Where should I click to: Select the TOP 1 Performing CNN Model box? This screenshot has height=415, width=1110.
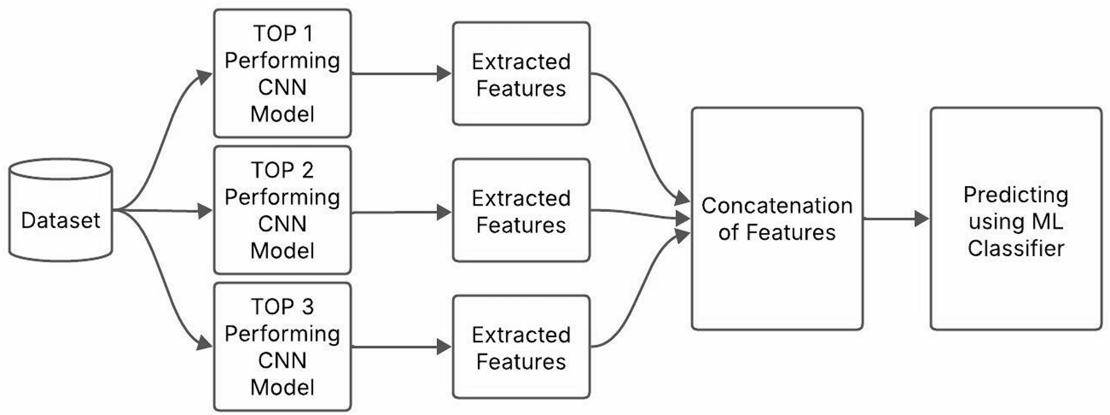[282, 73]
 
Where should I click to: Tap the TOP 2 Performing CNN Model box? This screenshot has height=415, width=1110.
[282, 210]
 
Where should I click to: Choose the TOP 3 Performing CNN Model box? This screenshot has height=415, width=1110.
[282, 346]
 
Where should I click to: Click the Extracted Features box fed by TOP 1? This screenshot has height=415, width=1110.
[521, 73]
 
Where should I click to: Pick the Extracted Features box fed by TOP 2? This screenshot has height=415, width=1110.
[521, 211]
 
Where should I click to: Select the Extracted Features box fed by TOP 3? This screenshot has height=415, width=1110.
[521, 347]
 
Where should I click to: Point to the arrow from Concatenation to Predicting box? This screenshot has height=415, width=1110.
[896, 219]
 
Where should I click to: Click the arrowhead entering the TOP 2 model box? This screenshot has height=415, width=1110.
[205, 211]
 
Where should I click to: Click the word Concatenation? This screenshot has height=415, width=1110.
[777, 206]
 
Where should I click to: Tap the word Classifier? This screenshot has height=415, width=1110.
[1015, 248]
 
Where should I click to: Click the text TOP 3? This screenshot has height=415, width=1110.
[282, 307]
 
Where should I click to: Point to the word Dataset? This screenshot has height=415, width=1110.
[61, 220]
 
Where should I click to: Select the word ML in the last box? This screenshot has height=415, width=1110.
[1049, 222]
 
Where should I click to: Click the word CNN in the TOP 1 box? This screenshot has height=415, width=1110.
[282, 87]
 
